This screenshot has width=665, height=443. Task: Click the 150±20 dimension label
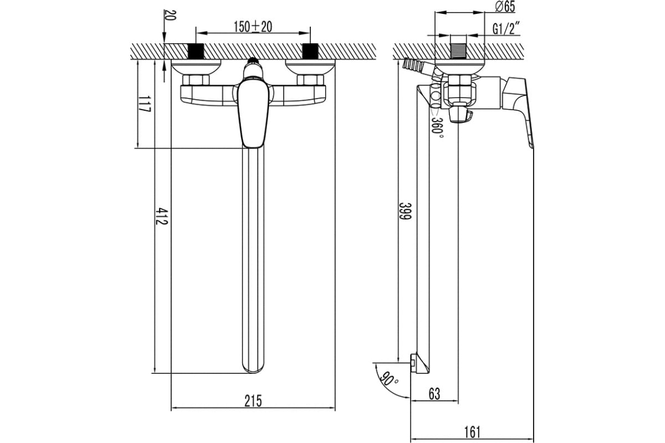point(253,27)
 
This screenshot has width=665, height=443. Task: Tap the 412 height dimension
point(162,216)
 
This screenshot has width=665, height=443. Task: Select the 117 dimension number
point(145,104)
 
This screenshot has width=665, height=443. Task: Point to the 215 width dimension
point(253,401)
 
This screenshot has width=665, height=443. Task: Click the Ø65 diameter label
point(505,7)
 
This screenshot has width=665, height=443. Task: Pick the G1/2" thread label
point(506,28)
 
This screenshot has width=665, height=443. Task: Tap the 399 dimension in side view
point(405,211)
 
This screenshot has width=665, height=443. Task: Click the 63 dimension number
point(434,394)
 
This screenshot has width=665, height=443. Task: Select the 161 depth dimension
point(472,432)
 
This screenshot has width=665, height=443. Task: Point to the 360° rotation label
point(438,129)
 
